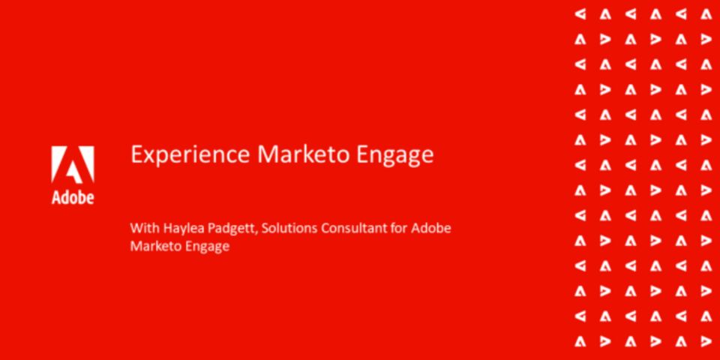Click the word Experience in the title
[190, 155]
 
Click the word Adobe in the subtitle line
[430, 228]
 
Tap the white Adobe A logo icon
[73, 165]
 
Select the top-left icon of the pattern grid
[580, 15]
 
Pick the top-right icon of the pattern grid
[706, 15]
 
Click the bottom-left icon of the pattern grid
[580, 341]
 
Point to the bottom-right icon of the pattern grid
[706, 341]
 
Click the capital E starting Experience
[136, 154]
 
